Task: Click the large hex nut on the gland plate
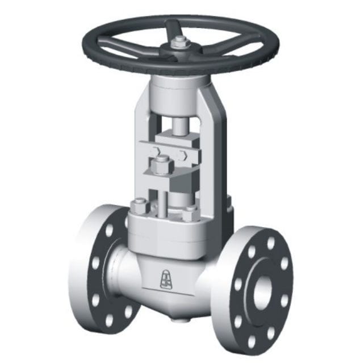[x=160, y=166]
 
